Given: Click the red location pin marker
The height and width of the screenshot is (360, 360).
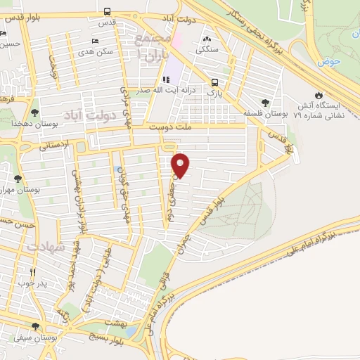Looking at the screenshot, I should [x=181, y=165].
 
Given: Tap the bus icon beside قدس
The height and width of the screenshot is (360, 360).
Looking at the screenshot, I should [x=107, y=11].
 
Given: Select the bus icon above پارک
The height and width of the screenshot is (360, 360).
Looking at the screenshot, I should [x=214, y=82].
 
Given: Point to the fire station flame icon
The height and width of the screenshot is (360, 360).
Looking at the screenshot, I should [x=319, y=93].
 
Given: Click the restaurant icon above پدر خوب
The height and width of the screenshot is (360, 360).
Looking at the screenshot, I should [x=32, y=272].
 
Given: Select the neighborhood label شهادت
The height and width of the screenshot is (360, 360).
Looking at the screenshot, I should [x=45, y=247].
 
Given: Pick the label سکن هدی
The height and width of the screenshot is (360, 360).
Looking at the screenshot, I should [x=95, y=53].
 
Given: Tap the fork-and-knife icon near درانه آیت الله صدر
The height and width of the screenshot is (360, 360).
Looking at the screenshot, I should [x=167, y=80].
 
